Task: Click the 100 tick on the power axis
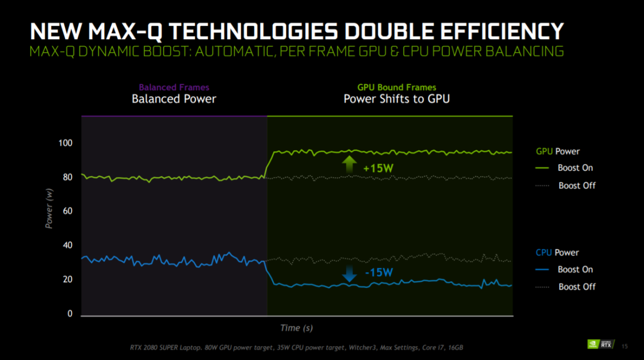(x=64, y=143)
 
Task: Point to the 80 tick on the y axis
(x=67, y=178)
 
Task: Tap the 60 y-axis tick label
(x=67, y=211)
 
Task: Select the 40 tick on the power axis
(x=67, y=246)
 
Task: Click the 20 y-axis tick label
(x=67, y=280)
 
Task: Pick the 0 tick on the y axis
(x=69, y=314)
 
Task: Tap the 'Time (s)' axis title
(x=296, y=327)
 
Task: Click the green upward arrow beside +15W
(x=349, y=164)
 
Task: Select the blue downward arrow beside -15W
(x=349, y=274)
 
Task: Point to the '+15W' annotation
(x=378, y=168)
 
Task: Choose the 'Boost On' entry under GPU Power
(x=575, y=168)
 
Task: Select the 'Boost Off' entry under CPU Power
(x=577, y=287)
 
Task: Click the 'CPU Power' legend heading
(x=557, y=252)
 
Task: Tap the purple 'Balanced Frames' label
(x=174, y=87)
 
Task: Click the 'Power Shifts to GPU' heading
(x=397, y=99)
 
